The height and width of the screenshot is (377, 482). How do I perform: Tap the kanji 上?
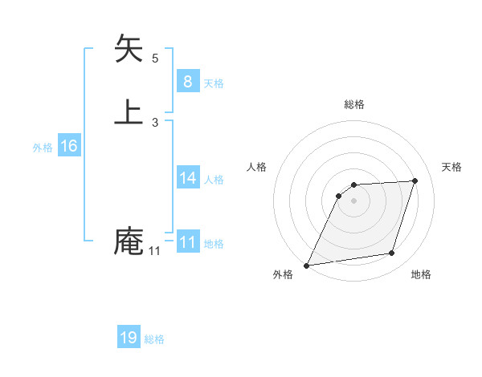tap(129, 111)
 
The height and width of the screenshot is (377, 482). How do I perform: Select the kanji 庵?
tap(129, 241)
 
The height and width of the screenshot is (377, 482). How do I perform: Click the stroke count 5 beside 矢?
tap(155, 59)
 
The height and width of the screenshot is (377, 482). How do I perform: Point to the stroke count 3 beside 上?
tap(155, 123)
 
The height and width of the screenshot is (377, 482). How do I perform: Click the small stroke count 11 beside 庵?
tap(154, 251)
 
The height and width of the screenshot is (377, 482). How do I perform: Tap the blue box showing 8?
tap(187, 81)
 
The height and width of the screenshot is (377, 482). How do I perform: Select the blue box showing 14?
tap(187, 177)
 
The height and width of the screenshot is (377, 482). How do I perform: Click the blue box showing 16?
tap(69, 146)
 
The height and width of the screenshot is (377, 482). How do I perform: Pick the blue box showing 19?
tap(129, 338)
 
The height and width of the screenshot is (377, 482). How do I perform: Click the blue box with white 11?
tap(187, 241)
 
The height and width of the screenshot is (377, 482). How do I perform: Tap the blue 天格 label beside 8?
tap(214, 83)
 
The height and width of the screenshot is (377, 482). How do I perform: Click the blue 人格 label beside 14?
tap(214, 180)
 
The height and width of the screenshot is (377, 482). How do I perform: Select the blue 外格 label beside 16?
tap(43, 148)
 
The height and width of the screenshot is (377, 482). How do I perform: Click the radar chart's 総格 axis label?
tap(354, 104)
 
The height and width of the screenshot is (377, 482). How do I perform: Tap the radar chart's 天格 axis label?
tap(451, 167)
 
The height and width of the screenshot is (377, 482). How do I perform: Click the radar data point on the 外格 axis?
tap(307, 266)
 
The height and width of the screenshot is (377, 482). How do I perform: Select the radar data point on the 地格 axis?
tap(392, 253)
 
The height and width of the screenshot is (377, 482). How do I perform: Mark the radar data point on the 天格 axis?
tap(415, 180)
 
